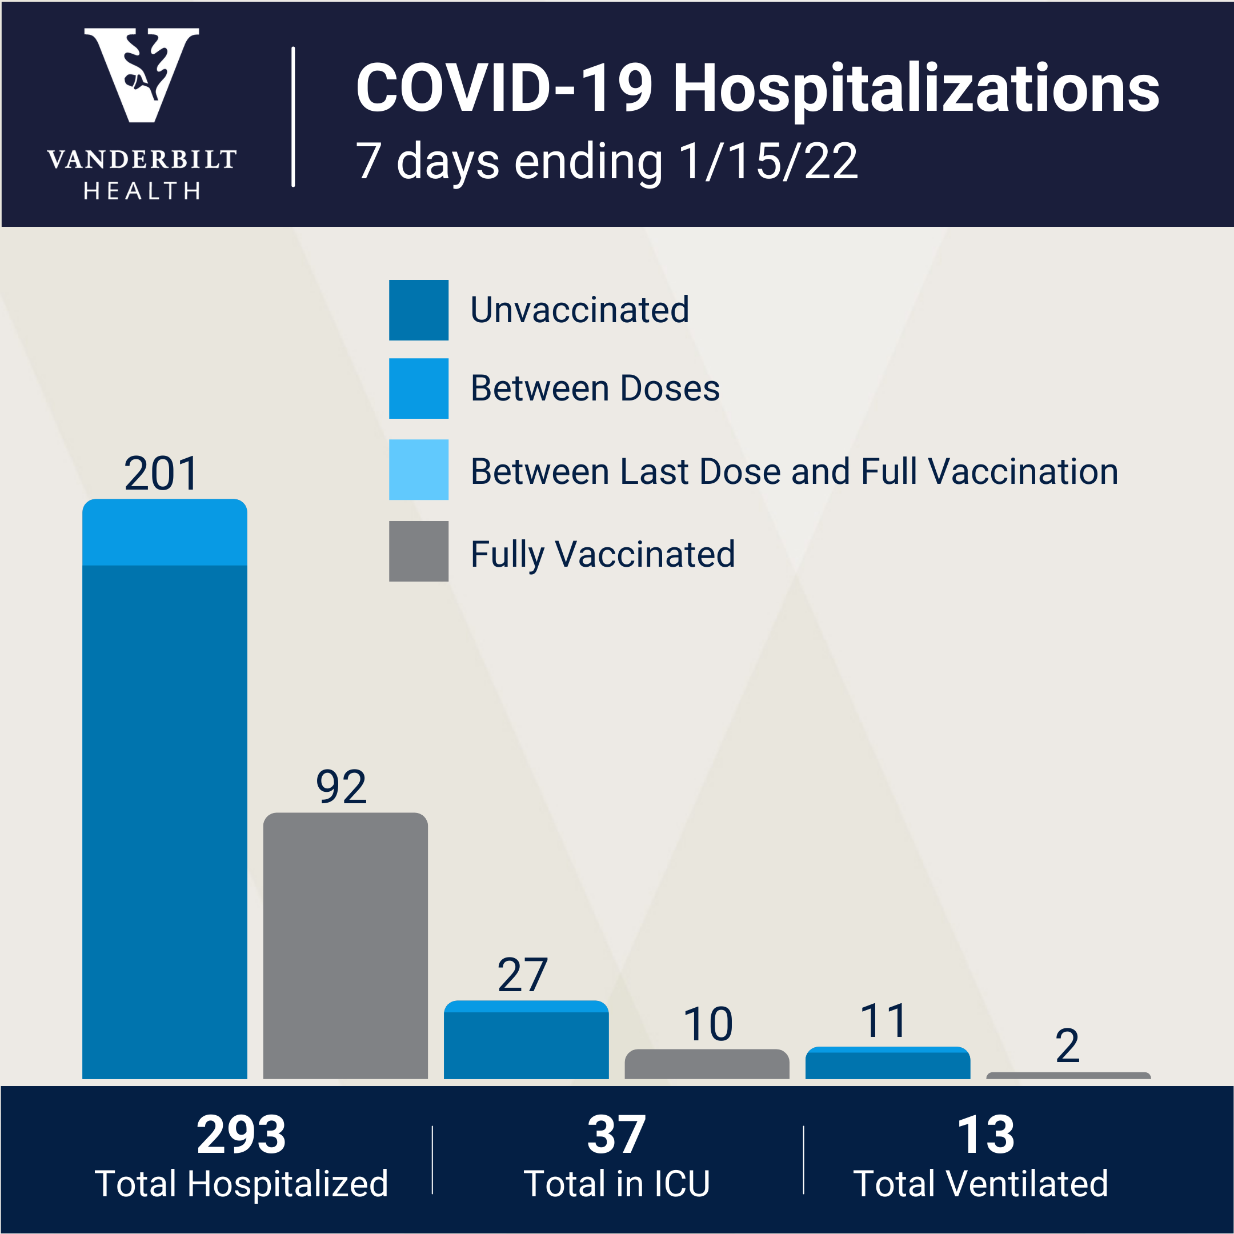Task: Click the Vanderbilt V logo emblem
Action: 141,74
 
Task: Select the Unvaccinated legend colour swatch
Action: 418,310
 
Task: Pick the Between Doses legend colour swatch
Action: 418,388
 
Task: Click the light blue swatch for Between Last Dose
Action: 418,470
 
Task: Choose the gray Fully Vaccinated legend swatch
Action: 418,551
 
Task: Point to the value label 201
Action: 161,474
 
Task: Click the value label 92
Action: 341,787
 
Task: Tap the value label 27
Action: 523,975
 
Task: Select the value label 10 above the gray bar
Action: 708,1024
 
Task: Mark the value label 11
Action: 883,1021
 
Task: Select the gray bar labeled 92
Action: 345,945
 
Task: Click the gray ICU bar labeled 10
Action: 707,1065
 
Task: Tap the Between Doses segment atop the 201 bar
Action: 164,532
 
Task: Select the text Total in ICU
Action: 616,1184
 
